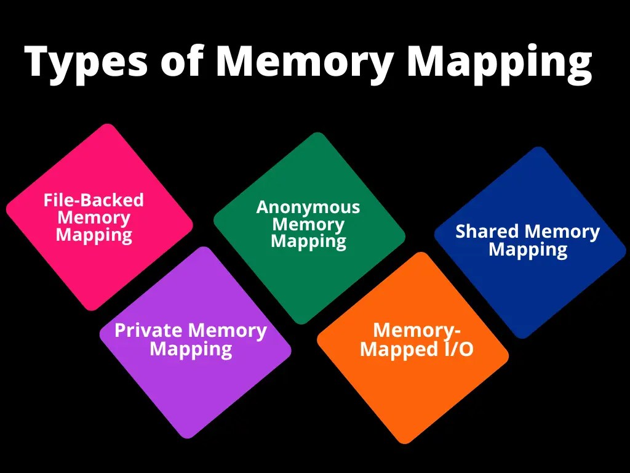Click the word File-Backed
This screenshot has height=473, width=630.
[x=94, y=200]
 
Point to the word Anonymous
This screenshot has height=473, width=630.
[x=308, y=207]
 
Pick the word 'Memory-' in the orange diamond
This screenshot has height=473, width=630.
[x=417, y=331]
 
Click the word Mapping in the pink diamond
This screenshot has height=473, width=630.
[x=94, y=235]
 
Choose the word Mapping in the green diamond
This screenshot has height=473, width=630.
[x=308, y=242]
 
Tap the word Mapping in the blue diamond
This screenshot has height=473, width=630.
[x=528, y=250]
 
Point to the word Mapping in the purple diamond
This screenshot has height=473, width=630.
[x=191, y=350]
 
